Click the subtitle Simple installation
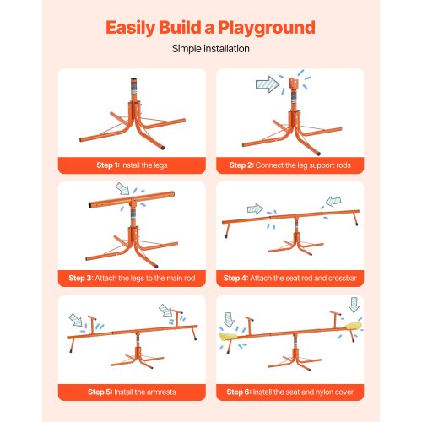tap(210, 49)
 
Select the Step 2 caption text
tap(289, 165)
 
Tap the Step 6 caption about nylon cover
tap(289, 391)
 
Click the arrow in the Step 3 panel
tap(125, 191)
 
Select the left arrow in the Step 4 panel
tap(254, 208)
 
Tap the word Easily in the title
tap(136, 27)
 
